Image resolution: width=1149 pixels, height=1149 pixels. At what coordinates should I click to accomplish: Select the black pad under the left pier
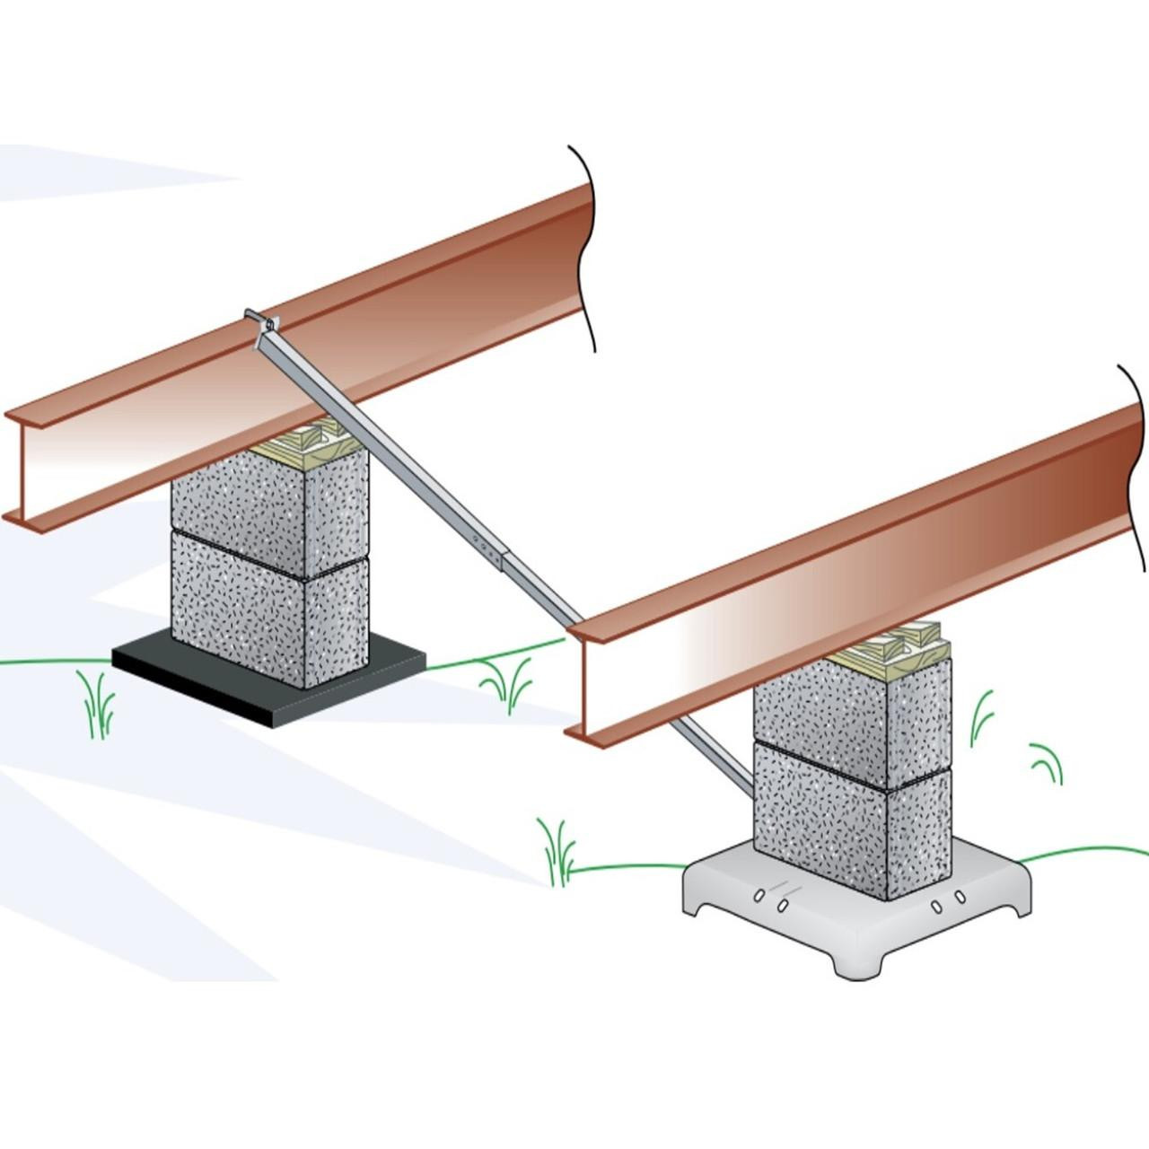[x=269, y=682]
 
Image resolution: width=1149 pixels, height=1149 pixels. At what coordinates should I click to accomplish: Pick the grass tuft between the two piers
[x=508, y=686]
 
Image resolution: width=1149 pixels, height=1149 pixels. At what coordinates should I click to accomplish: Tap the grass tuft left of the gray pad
[x=557, y=853]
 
